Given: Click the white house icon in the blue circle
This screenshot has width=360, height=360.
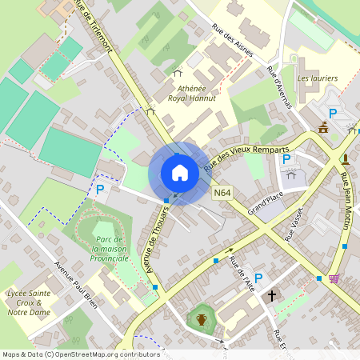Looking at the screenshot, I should [x=179, y=173].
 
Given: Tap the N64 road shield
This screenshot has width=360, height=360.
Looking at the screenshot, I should [x=222, y=193].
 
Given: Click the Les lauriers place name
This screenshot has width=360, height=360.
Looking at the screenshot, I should [x=317, y=78].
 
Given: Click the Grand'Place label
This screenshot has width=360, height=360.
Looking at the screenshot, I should [x=265, y=205].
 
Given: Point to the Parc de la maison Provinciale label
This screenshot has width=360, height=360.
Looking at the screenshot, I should [x=111, y=249].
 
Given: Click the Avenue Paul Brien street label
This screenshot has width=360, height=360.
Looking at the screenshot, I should [x=77, y=282].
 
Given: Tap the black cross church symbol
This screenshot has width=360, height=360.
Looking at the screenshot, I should [x=272, y=296].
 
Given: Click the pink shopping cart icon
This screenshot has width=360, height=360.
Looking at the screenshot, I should [x=334, y=278].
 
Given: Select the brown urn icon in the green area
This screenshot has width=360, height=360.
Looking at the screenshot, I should [x=202, y=320].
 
